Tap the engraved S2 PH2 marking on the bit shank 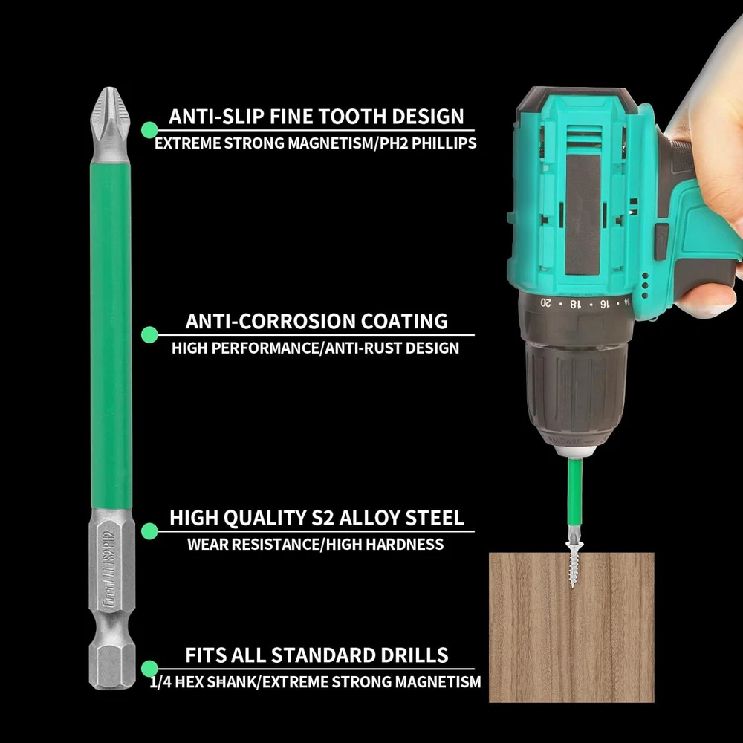109,548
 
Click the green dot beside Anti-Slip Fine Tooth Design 149,130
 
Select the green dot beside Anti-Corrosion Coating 149,334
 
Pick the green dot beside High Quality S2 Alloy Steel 149,531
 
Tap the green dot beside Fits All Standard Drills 149,669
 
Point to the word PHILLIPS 444,143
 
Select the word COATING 404,321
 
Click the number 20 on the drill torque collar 546,302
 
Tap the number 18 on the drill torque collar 574,304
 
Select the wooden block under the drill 571,627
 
